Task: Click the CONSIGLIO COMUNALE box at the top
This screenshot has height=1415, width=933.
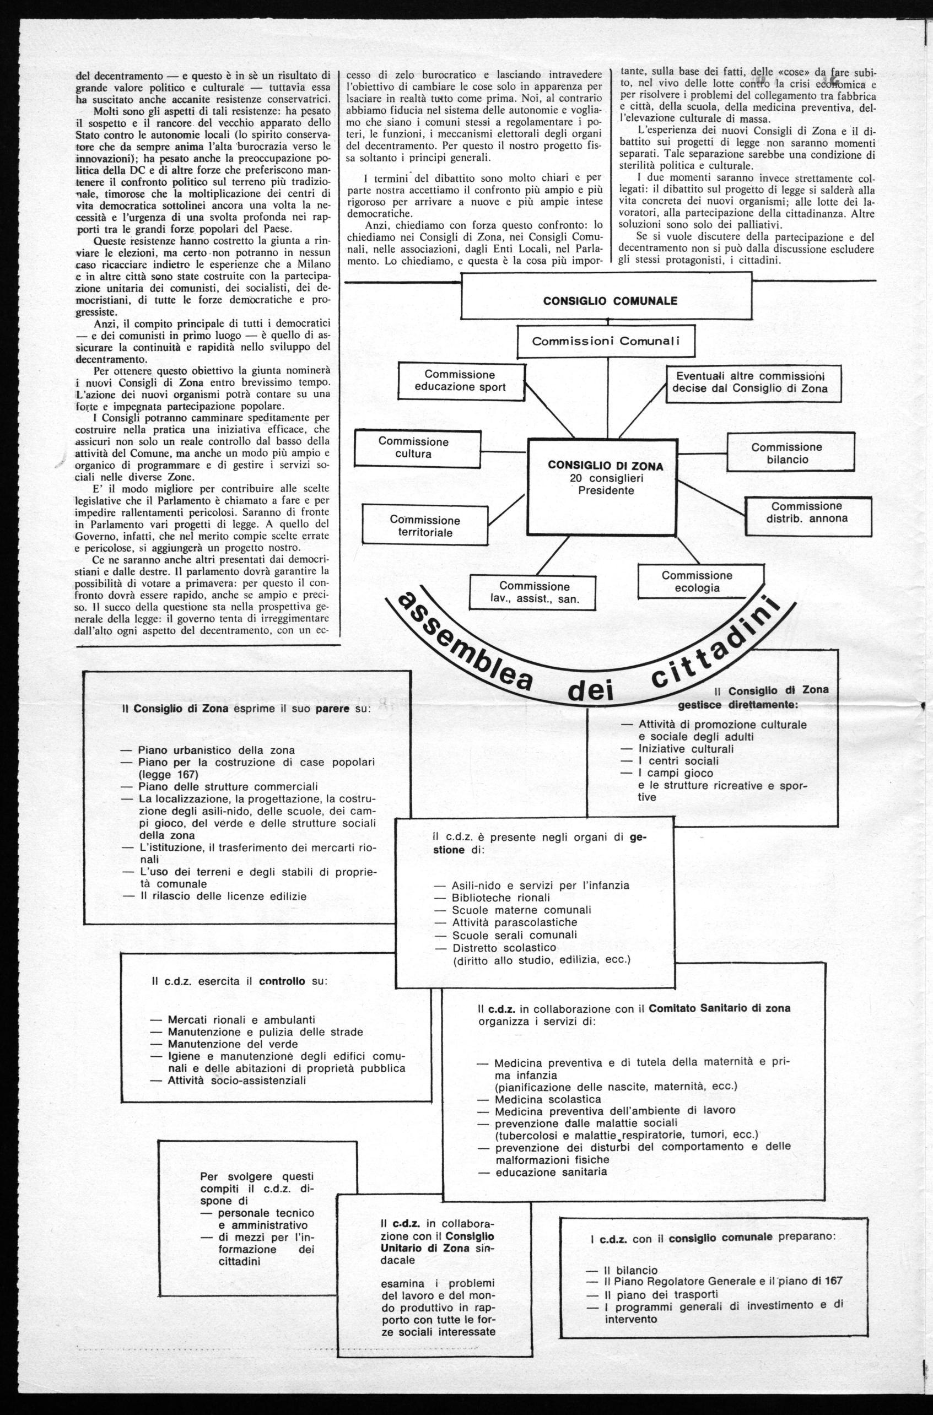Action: [610, 301]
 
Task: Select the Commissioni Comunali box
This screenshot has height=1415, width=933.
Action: [606, 342]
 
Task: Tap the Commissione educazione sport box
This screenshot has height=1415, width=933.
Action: [460, 382]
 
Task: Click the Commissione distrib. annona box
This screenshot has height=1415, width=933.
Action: [806, 512]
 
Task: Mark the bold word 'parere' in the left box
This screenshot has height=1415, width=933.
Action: [331, 710]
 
